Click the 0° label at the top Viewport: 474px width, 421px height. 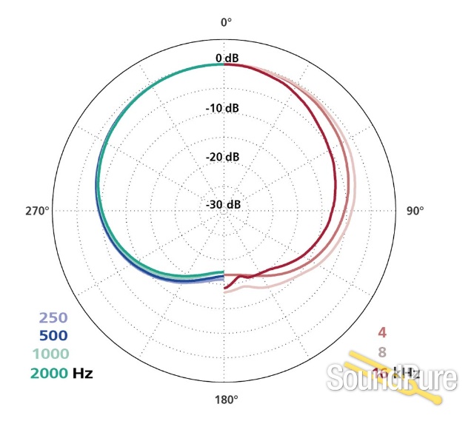pos(226,22)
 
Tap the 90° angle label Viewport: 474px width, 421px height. pos(415,210)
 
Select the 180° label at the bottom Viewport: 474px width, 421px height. pos(226,400)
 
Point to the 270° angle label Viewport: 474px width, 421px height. pos(37,210)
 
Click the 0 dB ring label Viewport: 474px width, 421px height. pos(227,58)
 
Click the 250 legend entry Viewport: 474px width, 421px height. pos(53,319)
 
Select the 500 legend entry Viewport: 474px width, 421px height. pos(53,336)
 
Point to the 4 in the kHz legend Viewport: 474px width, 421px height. pos(382,332)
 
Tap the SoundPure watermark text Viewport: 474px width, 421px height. pos(393,380)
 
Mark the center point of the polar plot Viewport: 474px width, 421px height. pos(224,210)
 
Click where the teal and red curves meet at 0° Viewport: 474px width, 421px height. pos(224,65)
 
